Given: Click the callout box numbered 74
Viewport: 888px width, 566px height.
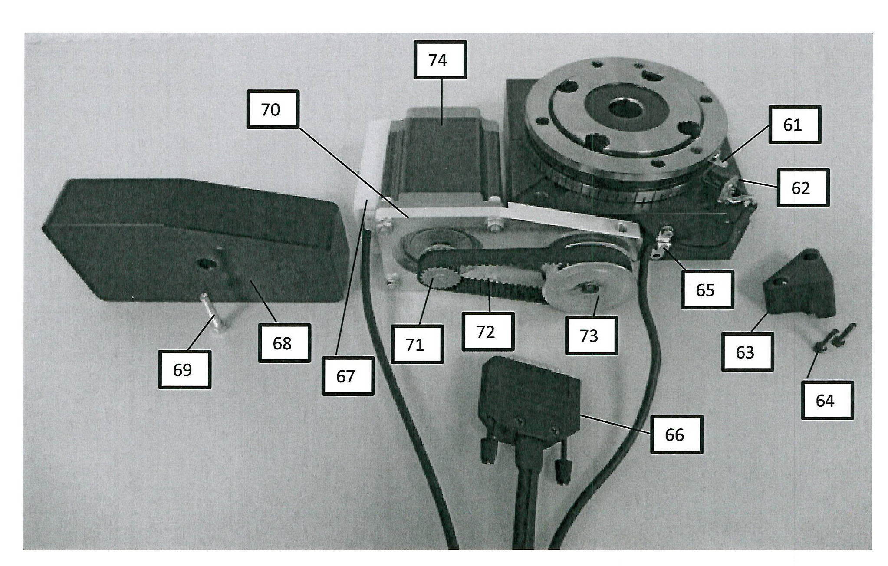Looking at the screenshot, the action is (x=440, y=60).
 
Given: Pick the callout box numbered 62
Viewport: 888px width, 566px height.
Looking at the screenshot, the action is (x=802, y=188).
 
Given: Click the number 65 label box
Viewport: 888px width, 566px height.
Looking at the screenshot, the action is (x=707, y=290).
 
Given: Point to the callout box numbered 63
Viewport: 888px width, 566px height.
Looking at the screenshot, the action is (x=747, y=352).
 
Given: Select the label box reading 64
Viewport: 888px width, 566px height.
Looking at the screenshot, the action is (x=827, y=400).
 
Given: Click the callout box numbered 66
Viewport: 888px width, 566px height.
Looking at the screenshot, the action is (x=676, y=434).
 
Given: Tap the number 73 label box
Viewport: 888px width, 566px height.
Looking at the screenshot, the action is (x=591, y=336).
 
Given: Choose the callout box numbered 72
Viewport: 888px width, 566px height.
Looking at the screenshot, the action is (x=487, y=332).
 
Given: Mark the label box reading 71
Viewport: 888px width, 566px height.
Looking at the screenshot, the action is (x=417, y=344).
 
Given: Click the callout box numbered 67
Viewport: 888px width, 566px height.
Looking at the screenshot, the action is (x=348, y=376).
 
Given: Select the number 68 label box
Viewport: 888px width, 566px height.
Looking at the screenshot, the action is (x=284, y=343).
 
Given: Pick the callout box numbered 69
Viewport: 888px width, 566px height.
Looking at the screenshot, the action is (x=184, y=369).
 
